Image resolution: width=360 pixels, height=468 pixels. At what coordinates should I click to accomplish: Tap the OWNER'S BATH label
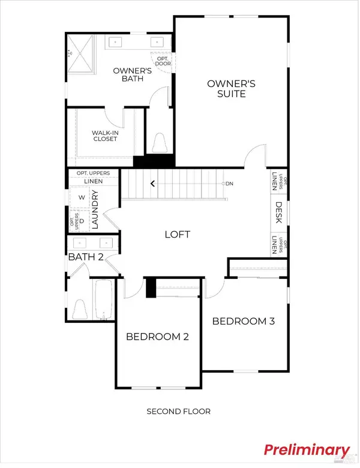point(131,76)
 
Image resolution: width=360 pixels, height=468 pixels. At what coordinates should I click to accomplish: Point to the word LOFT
point(178,235)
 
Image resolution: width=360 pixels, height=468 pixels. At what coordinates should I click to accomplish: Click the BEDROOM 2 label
point(157,337)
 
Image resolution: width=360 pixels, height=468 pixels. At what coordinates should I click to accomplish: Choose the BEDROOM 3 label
point(244,322)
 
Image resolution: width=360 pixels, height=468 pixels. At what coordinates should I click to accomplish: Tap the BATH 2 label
point(86,257)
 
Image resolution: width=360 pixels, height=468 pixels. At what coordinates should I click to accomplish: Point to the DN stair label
point(229,183)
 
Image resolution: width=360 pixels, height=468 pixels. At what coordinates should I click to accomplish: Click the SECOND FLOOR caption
point(179,412)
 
